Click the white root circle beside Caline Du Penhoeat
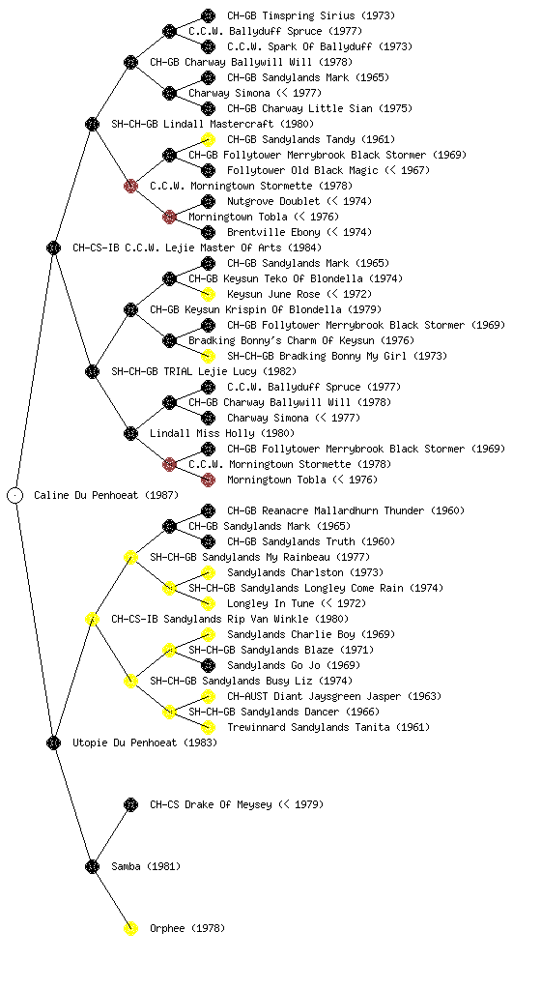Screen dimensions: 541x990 [15, 495]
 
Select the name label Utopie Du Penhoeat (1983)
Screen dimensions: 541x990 [145, 742]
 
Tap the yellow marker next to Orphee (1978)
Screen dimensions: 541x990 [130, 928]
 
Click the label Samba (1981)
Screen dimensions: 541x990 [146, 866]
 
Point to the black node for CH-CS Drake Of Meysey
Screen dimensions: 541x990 [130, 804]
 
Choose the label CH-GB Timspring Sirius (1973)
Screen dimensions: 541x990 [311, 15]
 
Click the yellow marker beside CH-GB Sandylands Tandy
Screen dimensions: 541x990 [208, 139]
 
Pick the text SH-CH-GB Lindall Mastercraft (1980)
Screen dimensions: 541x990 [213, 124]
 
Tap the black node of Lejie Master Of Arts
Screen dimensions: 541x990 [53, 247]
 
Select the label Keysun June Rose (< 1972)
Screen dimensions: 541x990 [299, 294]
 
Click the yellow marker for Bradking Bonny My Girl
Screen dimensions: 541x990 [208, 356]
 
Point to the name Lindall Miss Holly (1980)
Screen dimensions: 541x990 [222, 433]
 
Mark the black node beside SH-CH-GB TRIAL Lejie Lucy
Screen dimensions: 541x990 [92, 371]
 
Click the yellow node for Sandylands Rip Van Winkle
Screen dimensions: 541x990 [92, 619]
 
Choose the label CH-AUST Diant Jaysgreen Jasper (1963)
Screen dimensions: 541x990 [334, 696]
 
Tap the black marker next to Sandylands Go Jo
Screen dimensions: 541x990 [208, 665]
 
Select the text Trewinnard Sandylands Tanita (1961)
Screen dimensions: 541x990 [328, 727]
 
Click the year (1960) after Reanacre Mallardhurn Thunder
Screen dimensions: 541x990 [447, 510]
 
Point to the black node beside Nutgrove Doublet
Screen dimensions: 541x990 [208, 201]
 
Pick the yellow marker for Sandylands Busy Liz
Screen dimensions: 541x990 [130, 681]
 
